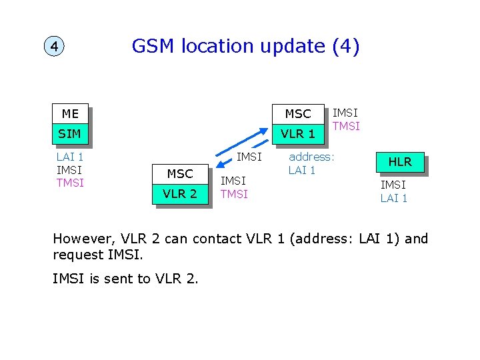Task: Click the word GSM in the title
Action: (151, 46)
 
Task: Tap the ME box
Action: (70, 114)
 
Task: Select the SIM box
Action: (70, 134)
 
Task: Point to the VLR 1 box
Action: (298, 133)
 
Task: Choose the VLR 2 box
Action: (180, 194)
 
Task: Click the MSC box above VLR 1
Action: (298, 114)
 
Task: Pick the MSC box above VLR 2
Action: (180, 174)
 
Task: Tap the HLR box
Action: (400, 161)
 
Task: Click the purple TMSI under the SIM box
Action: (70, 183)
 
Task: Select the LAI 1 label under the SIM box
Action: (70, 157)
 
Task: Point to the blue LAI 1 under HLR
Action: (393, 198)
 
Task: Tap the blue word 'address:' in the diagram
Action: (311, 157)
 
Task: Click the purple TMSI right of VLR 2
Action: (234, 194)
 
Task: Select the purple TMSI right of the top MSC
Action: (346, 126)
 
